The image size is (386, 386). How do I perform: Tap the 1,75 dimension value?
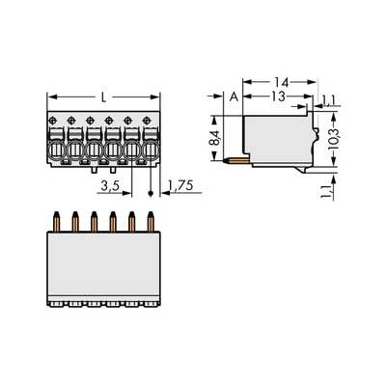[177, 184]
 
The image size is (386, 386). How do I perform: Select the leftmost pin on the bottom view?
[59, 222]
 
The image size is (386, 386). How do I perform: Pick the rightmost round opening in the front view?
[149, 152]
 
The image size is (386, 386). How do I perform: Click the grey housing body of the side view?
[275, 135]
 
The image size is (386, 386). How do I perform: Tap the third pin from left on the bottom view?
[95, 222]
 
